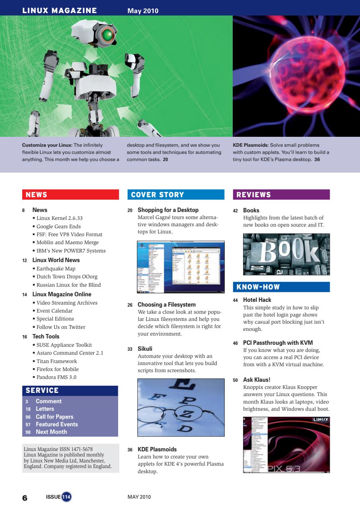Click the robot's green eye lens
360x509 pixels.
(x=106, y=35)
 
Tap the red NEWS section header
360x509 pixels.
(x=70, y=194)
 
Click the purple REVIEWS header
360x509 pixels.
(x=281, y=194)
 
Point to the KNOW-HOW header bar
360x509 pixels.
(x=281, y=287)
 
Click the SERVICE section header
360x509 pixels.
(x=70, y=390)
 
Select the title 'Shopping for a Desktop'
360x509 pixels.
(x=168, y=210)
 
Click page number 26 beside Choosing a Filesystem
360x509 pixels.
(x=130, y=305)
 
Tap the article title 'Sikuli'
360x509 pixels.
(x=145, y=349)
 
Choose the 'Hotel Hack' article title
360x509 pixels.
(x=257, y=300)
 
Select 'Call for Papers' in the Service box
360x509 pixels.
(x=54, y=417)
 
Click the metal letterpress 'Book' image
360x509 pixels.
(x=286, y=254)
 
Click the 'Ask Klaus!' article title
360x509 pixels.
(x=257, y=380)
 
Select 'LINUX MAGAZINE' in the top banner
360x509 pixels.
(x=60, y=11)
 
